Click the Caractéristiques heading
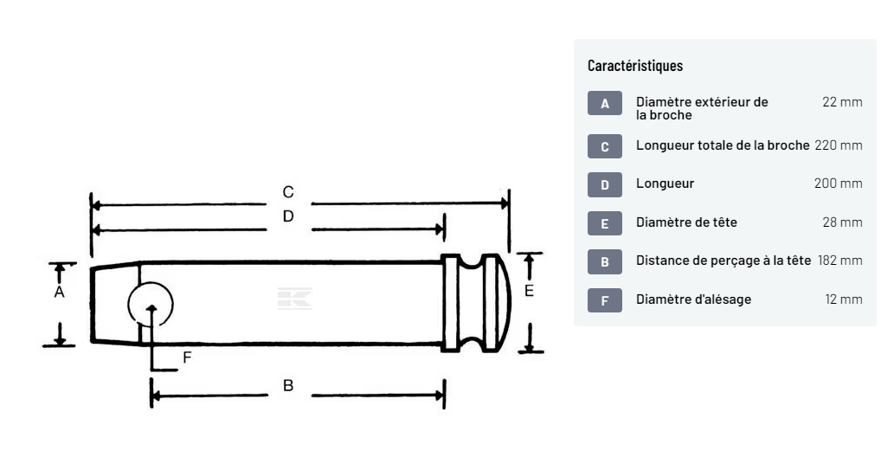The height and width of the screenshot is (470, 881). (x=634, y=66)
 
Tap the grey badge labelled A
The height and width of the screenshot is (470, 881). (x=605, y=104)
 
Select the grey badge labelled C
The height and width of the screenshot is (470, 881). (x=605, y=146)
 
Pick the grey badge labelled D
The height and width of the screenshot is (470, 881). (x=605, y=184)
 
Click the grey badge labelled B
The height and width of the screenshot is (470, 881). (x=605, y=261)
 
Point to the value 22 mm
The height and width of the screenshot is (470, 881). (x=841, y=102)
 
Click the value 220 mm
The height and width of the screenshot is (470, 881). (x=838, y=145)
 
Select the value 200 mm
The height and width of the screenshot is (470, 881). (x=838, y=183)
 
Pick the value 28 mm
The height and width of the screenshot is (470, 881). (x=841, y=222)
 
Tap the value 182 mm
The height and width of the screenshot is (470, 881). (x=839, y=261)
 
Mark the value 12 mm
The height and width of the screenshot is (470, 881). (x=843, y=299)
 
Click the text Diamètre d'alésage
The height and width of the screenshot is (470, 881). (x=693, y=299)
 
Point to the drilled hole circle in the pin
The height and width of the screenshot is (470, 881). (x=151, y=305)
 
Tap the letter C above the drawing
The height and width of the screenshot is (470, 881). (x=288, y=191)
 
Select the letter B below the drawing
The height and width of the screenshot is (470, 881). (x=288, y=386)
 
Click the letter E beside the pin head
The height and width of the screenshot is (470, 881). (x=529, y=291)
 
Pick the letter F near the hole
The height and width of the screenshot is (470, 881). (x=186, y=356)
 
